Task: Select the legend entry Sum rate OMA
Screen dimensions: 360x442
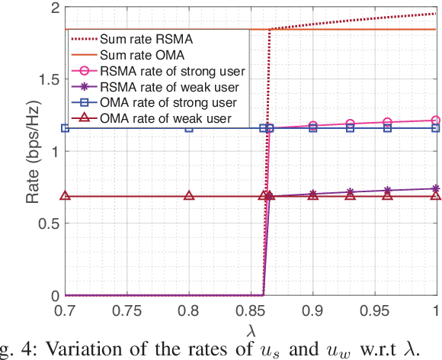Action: pyautogui.click(x=152, y=55)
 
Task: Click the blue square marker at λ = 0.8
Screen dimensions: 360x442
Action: pyautogui.click(x=189, y=128)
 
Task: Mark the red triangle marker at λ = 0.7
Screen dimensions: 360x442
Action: pyautogui.click(x=65, y=196)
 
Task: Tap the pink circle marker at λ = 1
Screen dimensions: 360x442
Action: pyautogui.click(x=436, y=120)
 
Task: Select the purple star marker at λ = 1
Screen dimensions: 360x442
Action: pyautogui.click(x=436, y=188)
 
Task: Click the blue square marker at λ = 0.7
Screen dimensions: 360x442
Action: pyautogui.click(x=65, y=128)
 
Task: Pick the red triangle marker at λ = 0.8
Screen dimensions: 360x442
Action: pyautogui.click(x=189, y=196)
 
